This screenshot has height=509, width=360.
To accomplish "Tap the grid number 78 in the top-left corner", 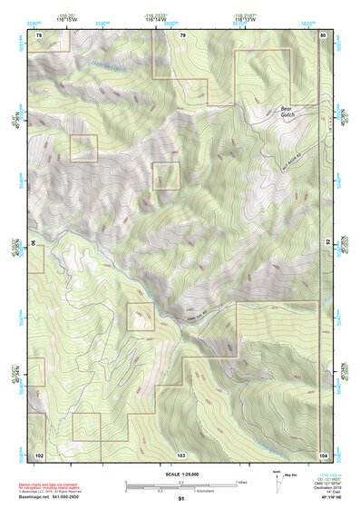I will pyautogui.click(x=39, y=34).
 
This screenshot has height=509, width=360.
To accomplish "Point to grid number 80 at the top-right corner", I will pyautogui.click(x=324, y=34).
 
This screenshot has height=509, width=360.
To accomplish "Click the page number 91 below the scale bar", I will pyautogui.click(x=181, y=498).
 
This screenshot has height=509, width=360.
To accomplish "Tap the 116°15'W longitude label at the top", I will pyautogui.click(x=66, y=19).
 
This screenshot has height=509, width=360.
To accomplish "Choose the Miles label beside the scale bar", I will pyautogui.click(x=241, y=481).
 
